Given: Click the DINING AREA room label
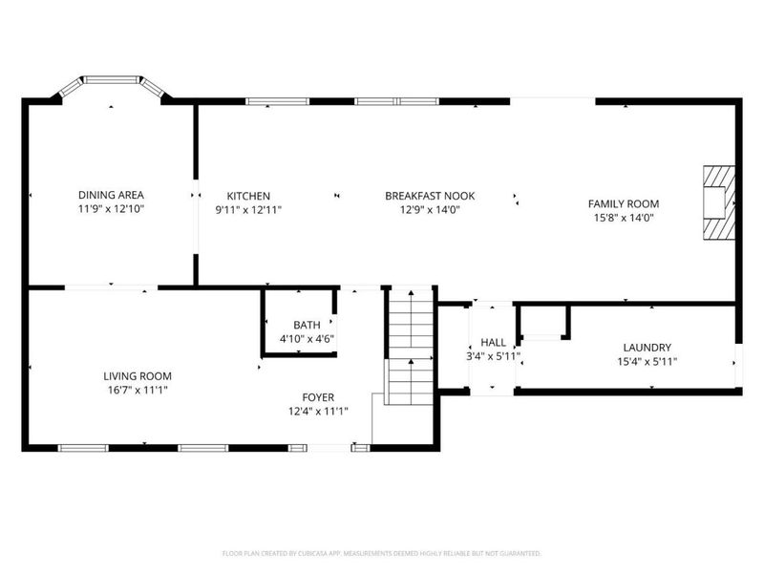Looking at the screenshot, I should pos(111,195).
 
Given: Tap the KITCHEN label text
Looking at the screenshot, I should pos(247,196).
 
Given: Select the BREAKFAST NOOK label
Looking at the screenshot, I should pos(429,196).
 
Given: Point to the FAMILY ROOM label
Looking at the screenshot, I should pos(623,203).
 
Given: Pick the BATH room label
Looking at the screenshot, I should pos(307,325).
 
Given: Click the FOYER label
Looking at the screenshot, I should pos(319,397).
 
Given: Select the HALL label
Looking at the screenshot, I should pos(493,342).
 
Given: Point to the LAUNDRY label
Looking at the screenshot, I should pos(647,348).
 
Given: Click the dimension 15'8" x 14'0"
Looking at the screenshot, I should pos(623,217).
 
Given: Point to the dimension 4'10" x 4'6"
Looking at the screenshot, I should pos(307,339).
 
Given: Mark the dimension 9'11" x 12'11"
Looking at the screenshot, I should pos(247,209).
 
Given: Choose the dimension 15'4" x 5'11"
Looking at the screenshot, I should pos(647,362).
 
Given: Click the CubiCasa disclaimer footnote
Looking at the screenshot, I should pos(382,553).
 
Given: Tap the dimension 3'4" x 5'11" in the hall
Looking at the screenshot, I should pos(493,356).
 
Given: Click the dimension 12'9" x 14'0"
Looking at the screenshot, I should pos(429,209).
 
